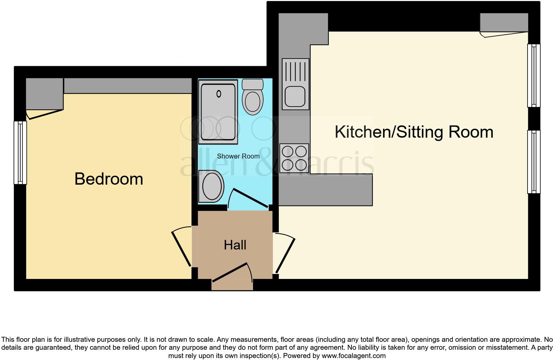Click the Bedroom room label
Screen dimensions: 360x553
click(108, 179)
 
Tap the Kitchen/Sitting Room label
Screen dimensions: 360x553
click(414, 132)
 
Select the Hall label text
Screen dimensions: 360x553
click(235, 245)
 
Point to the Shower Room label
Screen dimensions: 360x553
click(238, 156)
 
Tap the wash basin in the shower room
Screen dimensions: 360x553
click(212, 186)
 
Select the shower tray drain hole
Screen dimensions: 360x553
click(219, 94)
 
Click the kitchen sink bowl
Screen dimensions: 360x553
click(295, 97)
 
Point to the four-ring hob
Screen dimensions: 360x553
click(294, 158)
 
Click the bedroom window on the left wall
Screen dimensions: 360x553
click(20, 153)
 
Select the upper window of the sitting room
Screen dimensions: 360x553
click(533, 75)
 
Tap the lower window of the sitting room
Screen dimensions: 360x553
click(533, 162)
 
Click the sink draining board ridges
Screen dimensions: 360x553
click(295, 71)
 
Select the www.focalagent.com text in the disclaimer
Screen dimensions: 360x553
click(354, 356)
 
